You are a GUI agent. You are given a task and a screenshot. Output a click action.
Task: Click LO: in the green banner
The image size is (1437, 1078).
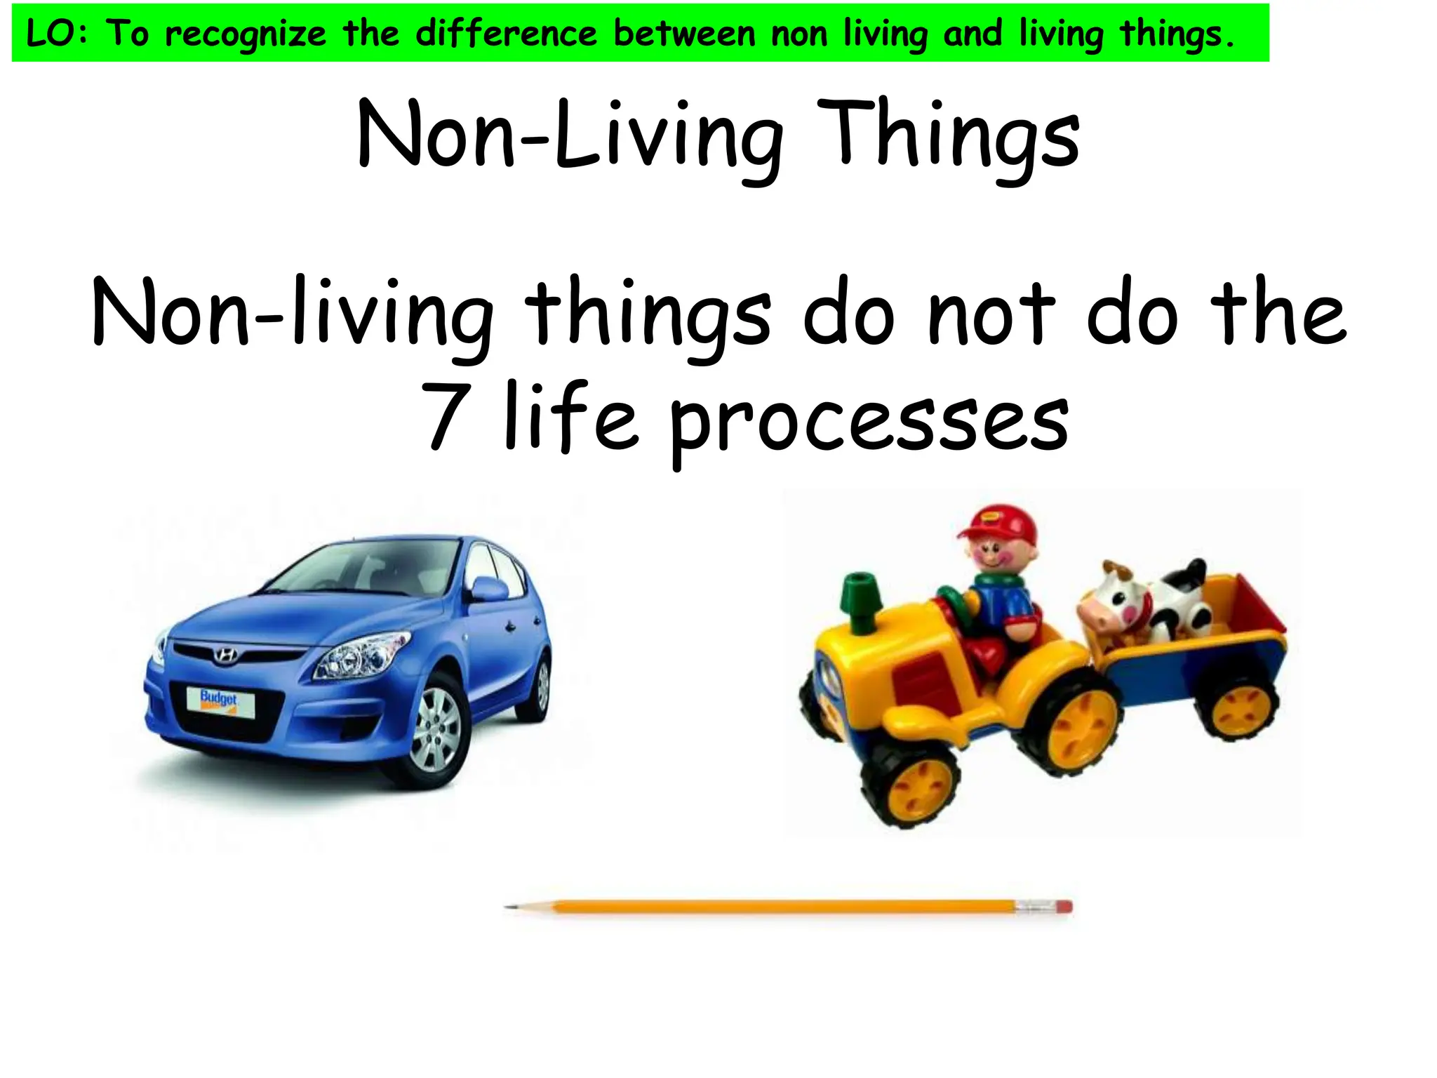pos(58,34)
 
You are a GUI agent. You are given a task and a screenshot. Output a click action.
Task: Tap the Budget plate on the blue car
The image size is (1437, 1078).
pos(219,700)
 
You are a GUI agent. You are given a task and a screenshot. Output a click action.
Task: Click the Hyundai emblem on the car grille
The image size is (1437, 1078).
pos(226,656)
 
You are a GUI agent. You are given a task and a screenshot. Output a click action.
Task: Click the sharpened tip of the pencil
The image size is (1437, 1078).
pos(511,907)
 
